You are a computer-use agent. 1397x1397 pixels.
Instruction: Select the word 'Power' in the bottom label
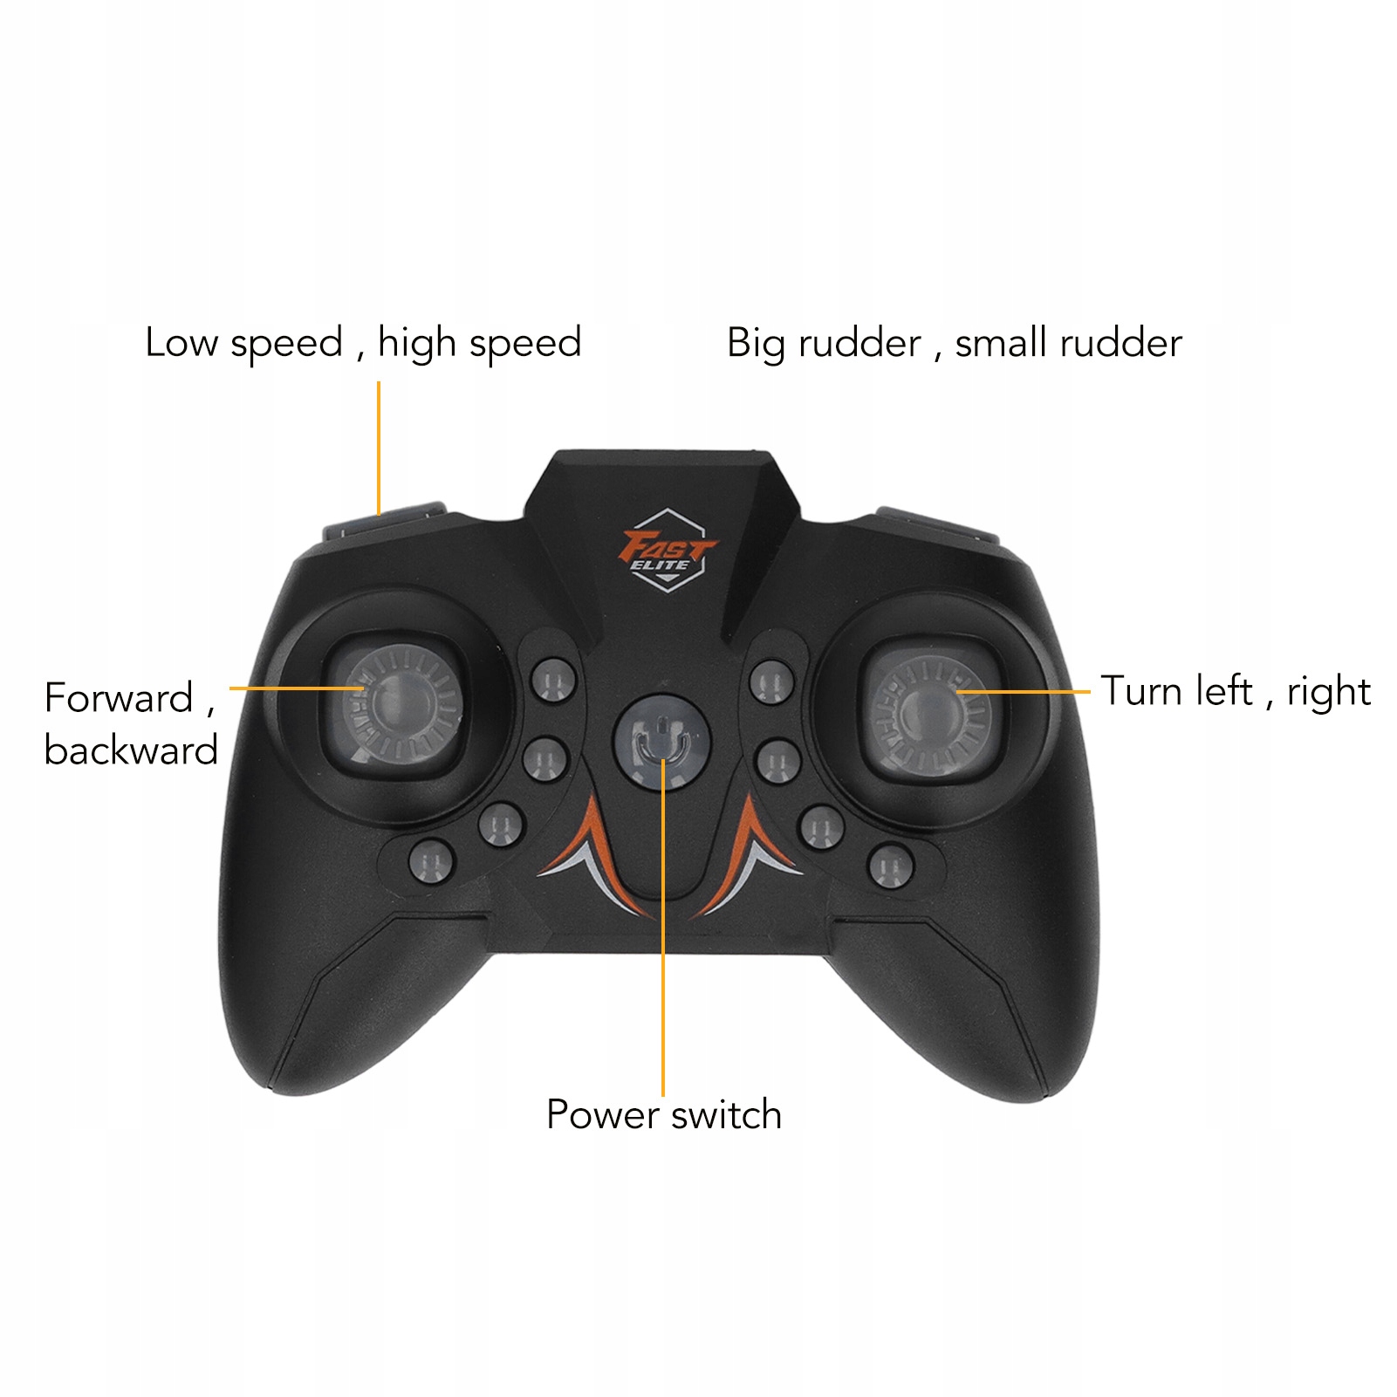(x=602, y=1115)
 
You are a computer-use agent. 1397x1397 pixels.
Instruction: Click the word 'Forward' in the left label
(x=119, y=698)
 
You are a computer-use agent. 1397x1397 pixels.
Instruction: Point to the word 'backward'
(x=131, y=750)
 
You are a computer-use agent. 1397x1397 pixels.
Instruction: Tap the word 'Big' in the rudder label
(x=756, y=344)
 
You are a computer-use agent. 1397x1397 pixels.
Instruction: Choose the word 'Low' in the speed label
(x=181, y=342)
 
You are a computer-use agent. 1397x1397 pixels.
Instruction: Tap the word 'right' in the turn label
(x=1328, y=692)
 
